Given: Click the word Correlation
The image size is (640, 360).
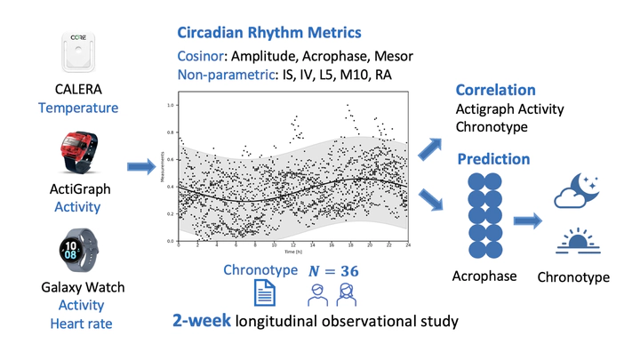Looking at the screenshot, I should pyautogui.click(x=495, y=90).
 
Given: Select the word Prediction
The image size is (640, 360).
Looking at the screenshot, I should pyautogui.click(x=493, y=159).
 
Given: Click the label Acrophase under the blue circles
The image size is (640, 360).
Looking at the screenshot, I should pyautogui.click(x=484, y=276).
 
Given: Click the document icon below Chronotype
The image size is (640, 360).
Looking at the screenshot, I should pyautogui.click(x=264, y=292).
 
